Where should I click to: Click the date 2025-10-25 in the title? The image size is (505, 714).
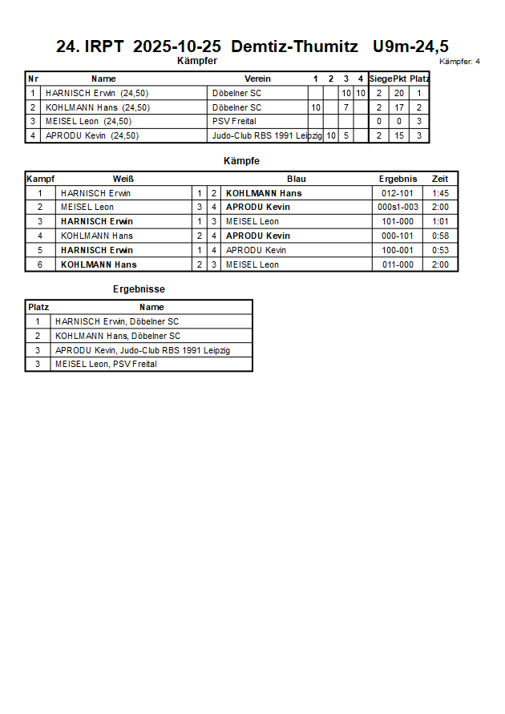(x=176, y=46)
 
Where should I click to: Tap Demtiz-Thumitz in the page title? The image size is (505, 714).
(x=294, y=46)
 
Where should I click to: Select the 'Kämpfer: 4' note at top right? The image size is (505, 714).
(x=459, y=61)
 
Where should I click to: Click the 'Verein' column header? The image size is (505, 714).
(x=257, y=79)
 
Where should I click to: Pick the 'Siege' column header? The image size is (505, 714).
(x=380, y=79)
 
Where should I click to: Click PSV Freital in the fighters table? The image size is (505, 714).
(x=234, y=121)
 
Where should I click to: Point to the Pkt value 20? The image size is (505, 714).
(x=398, y=93)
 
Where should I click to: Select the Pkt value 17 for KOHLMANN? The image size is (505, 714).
(x=398, y=107)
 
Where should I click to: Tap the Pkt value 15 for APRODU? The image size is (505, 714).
(x=398, y=135)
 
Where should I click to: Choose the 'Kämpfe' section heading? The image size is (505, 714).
(x=241, y=161)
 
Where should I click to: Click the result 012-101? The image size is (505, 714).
(x=398, y=193)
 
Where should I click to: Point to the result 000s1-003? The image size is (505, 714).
(x=398, y=207)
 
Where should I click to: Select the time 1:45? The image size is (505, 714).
(x=440, y=193)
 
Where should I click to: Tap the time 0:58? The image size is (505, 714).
(x=440, y=236)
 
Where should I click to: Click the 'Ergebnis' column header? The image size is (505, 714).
(x=398, y=179)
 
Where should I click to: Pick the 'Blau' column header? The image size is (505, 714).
(x=296, y=179)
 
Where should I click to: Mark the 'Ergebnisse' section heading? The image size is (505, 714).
(x=139, y=289)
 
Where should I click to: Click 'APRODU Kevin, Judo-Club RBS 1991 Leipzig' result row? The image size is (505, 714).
(x=143, y=350)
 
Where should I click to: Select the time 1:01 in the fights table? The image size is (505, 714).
(x=440, y=221)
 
